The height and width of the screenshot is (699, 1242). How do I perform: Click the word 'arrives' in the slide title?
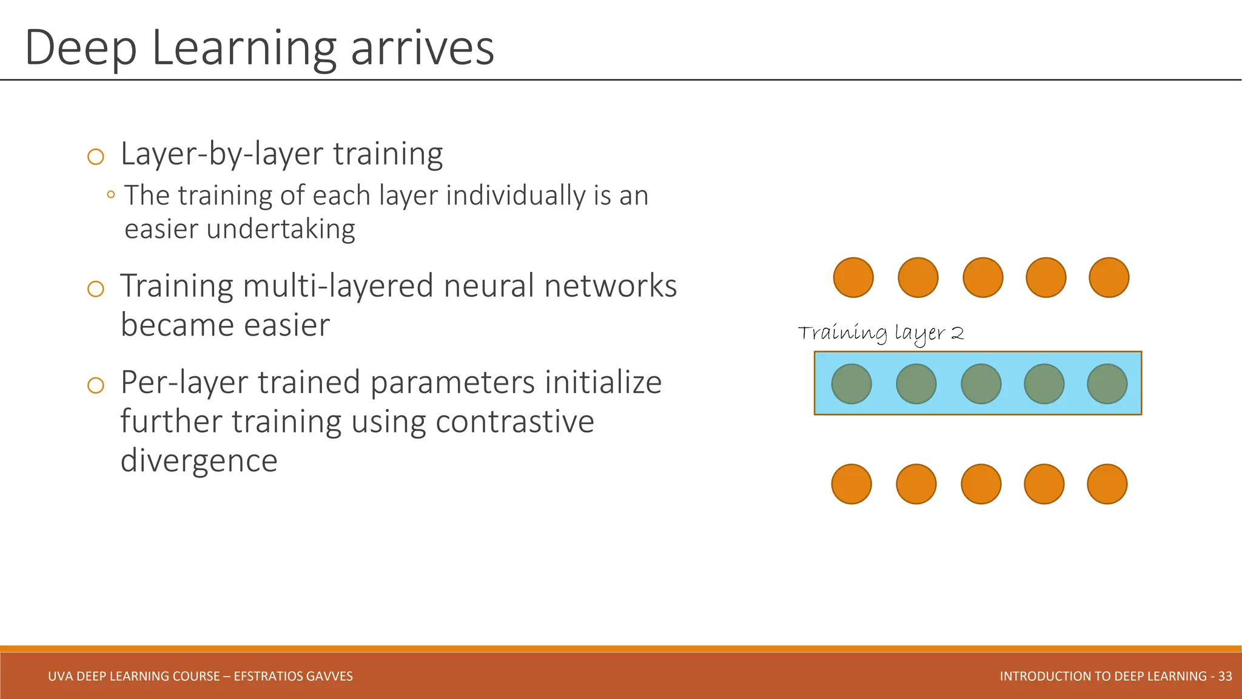[x=423, y=49]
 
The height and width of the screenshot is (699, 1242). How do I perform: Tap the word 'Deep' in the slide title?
[x=81, y=49]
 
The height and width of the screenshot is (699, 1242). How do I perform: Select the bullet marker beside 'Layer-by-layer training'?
[x=96, y=157]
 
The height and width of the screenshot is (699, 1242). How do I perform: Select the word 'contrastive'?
[x=515, y=422]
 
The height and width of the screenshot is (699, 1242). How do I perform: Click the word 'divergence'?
[x=199, y=461]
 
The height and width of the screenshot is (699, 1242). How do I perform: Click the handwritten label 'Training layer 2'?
[x=881, y=334]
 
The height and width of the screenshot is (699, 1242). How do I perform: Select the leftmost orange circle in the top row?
[x=853, y=278]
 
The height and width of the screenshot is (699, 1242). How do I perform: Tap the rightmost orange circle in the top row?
[x=1109, y=278]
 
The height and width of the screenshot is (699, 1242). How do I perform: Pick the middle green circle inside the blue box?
[x=981, y=384]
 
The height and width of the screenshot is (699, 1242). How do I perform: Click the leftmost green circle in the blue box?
[x=851, y=384]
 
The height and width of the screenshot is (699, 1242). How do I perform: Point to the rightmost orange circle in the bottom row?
[x=1107, y=484]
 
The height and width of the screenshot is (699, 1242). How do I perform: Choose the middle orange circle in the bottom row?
[x=981, y=484]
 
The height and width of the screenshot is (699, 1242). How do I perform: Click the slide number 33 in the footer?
[x=1225, y=676]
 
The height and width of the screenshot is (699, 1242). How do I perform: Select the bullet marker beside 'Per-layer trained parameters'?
[x=96, y=385]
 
